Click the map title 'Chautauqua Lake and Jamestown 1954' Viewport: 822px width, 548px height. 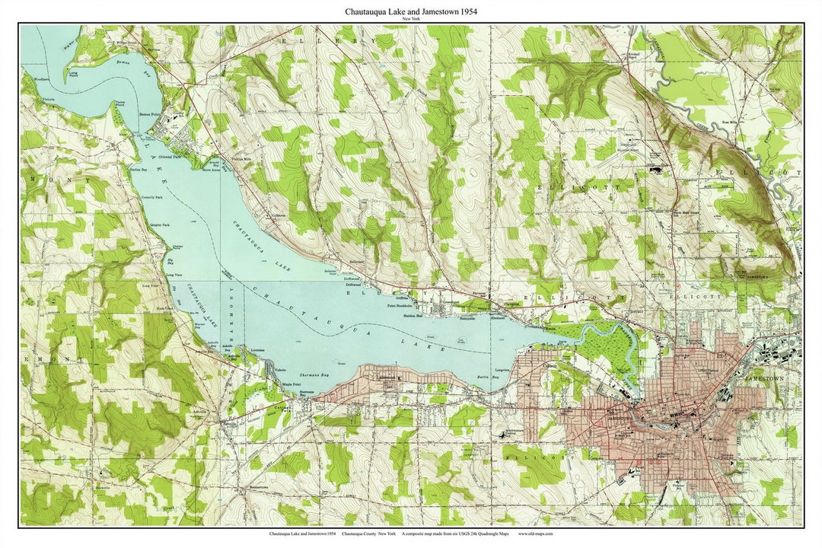pos(411,11)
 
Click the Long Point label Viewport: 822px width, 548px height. pos(73,75)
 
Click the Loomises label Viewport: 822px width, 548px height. pos(256,351)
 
